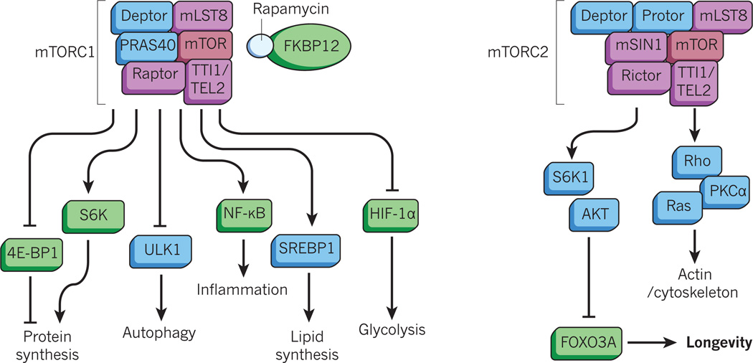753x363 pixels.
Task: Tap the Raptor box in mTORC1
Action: (x=153, y=76)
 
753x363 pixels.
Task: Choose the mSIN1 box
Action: (x=637, y=47)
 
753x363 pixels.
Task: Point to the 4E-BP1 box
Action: (x=32, y=253)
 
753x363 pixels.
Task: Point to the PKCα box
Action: (x=720, y=191)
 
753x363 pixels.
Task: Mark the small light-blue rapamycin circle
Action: (x=260, y=46)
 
